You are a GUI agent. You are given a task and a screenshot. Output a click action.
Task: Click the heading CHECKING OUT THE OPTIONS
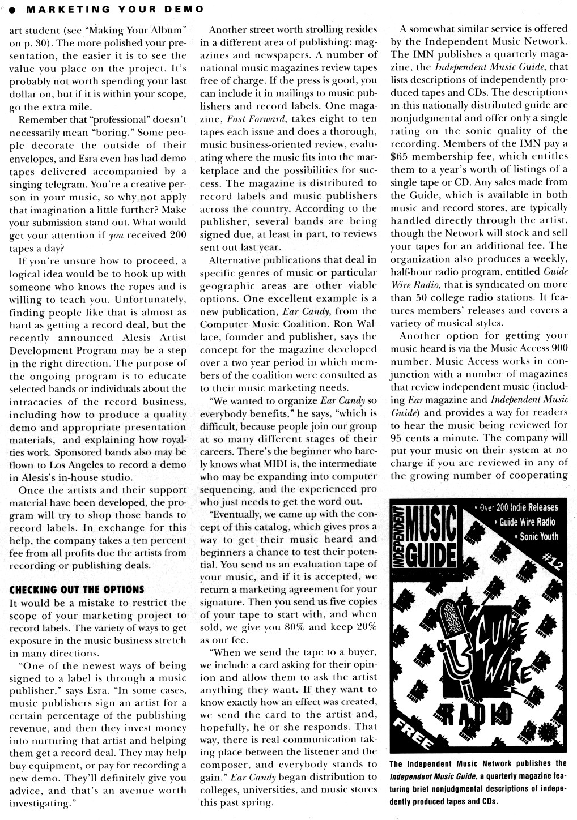77,590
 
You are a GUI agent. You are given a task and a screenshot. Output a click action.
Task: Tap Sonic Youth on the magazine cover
539,536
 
